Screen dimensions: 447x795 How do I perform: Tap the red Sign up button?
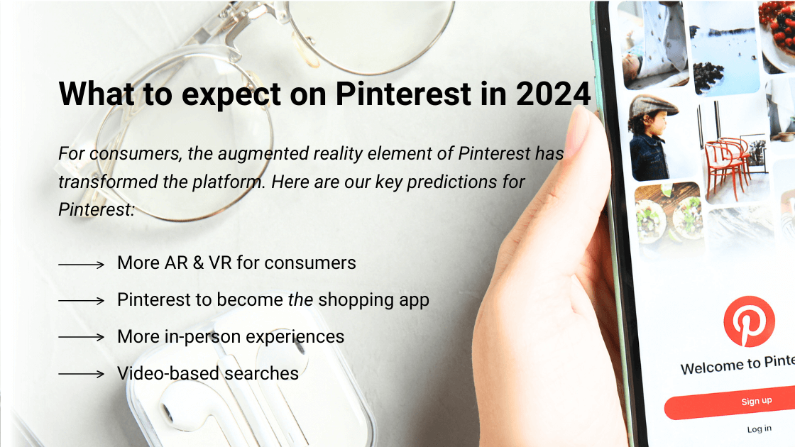[x=755, y=402]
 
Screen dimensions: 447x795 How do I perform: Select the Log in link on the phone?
[x=759, y=429]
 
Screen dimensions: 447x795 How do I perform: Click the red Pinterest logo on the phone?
[x=749, y=321]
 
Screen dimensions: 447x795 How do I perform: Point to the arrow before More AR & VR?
[x=81, y=264]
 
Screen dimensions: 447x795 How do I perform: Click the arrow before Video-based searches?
[x=81, y=374]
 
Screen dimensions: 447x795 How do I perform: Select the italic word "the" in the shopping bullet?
[x=300, y=300]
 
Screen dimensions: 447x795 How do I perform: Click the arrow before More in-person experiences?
[x=81, y=337]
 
